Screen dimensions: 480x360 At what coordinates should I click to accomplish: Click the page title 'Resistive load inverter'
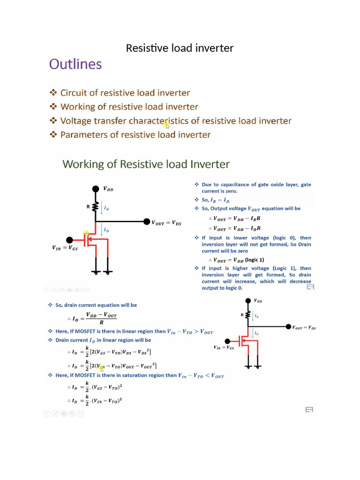click(x=180, y=48)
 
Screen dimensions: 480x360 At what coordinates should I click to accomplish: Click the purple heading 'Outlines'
click(x=75, y=64)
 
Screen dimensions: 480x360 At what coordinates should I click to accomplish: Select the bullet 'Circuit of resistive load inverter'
click(x=125, y=93)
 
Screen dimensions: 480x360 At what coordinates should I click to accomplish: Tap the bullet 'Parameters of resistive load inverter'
click(x=135, y=135)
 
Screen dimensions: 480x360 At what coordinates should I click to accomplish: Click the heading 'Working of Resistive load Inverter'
click(x=146, y=165)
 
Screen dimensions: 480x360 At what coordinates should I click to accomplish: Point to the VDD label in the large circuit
click(x=108, y=189)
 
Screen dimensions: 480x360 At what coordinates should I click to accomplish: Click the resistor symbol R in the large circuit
click(x=96, y=206)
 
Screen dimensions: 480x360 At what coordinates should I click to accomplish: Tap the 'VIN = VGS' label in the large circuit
click(x=65, y=248)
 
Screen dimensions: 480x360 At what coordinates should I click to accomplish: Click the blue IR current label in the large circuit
click(x=106, y=208)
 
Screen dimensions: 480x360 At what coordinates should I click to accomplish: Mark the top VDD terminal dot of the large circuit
click(x=96, y=189)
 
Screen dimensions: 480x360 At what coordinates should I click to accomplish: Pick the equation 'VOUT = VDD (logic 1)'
click(x=239, y=260)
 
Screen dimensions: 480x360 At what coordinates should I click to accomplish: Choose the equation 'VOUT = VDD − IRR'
click(x=237, y=218)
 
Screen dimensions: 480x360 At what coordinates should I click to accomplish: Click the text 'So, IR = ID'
click(x=215, y=200)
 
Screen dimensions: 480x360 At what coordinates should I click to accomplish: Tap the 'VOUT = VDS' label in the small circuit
click(x=304, y=328)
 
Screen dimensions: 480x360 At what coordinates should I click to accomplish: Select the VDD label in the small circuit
click(x=258, y=301)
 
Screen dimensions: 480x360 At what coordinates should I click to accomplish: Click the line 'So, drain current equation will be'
click(x=96, y=305)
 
